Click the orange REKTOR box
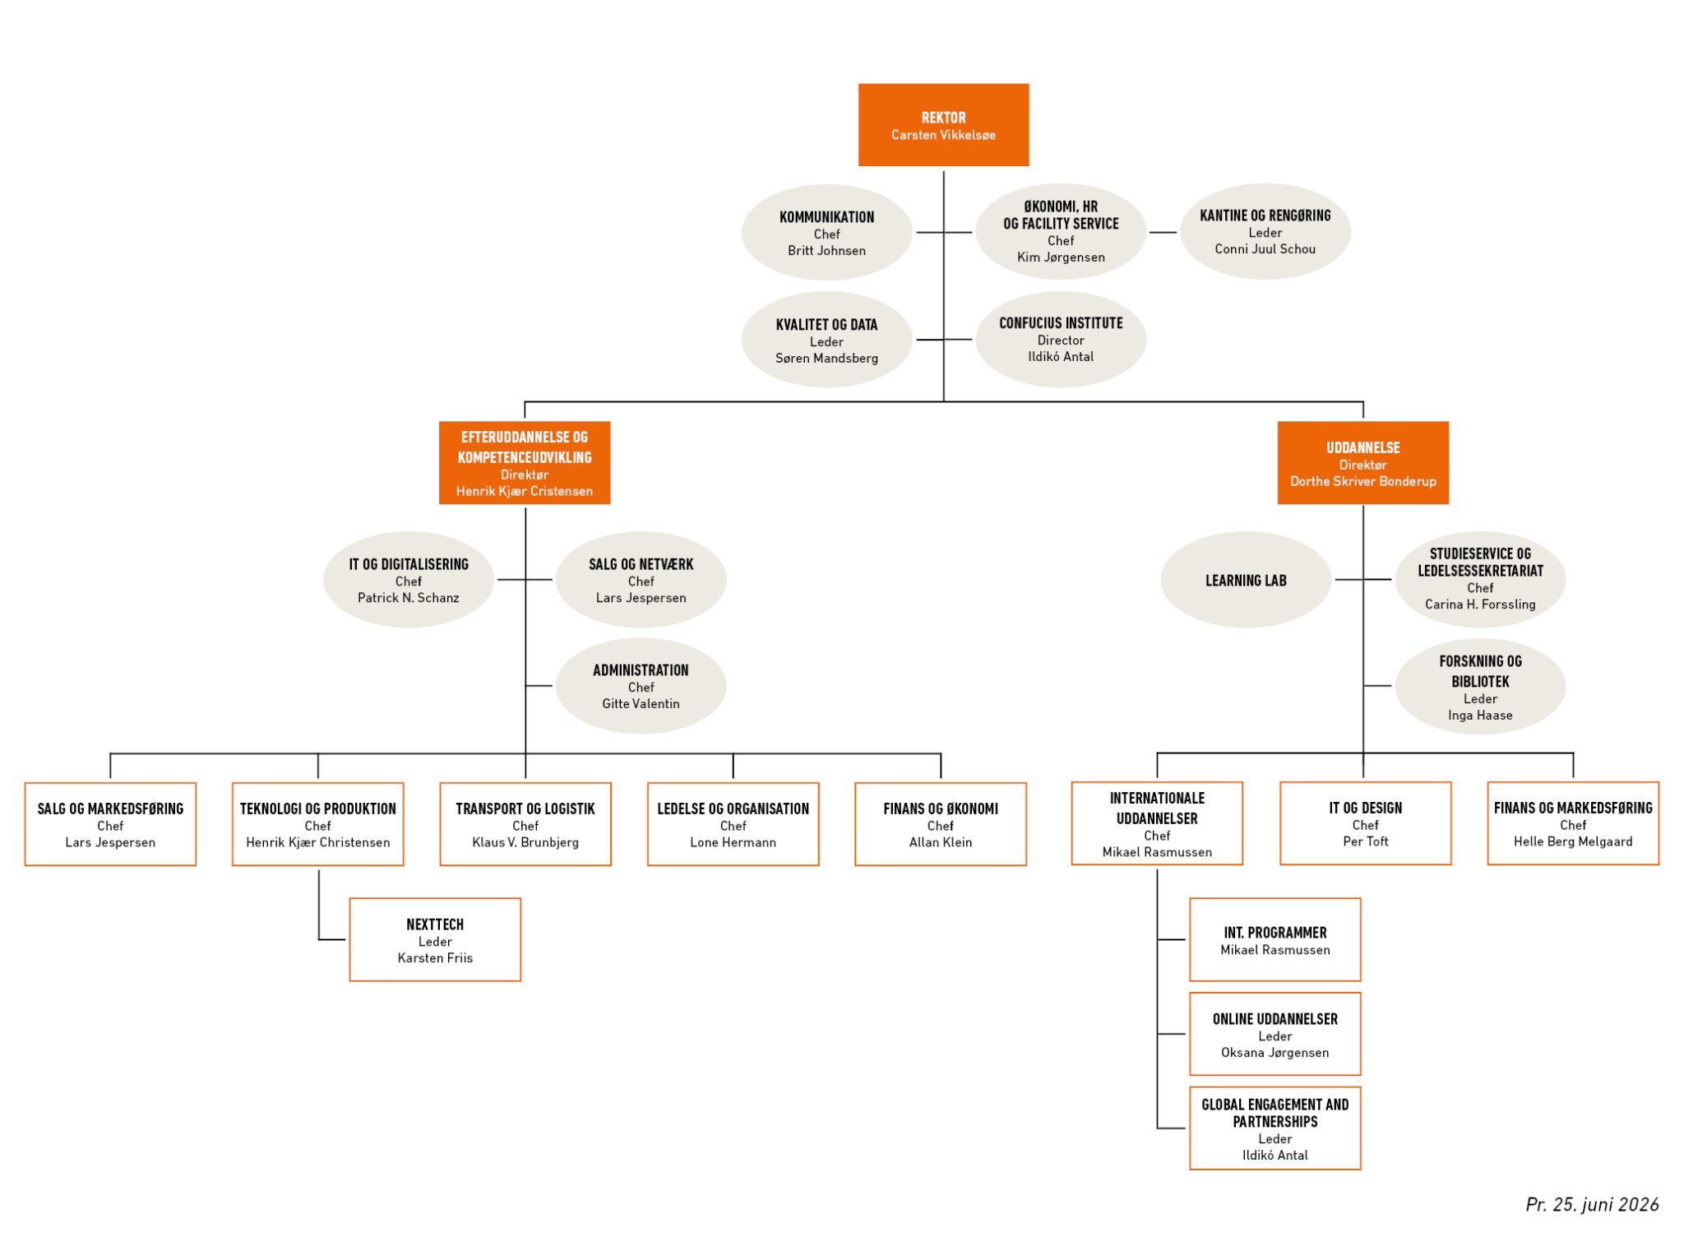point(943,125)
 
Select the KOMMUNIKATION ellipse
point(826,232)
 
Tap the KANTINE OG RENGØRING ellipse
point(1265,231)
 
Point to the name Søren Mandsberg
point(826,359)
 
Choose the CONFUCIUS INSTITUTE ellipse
point(1061,339)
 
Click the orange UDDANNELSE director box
point(1362,463)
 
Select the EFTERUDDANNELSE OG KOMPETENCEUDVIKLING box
point(525,463)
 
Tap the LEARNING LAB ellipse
point(1246,580)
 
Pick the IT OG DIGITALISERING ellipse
point(409,580)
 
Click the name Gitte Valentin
point(641,704)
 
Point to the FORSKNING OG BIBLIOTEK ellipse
point(1480,686)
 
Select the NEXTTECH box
point(435,939)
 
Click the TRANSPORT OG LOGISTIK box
point(525,824)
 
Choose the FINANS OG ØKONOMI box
point(941,824)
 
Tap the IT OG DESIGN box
point(1365,823)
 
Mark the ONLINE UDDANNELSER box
point(1275,1034)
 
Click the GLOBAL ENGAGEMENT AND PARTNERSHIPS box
point(1275,1128)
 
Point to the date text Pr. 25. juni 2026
point(1592,1205)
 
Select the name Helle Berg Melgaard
point(1573,841)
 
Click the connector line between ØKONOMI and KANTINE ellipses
point(1163,233)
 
